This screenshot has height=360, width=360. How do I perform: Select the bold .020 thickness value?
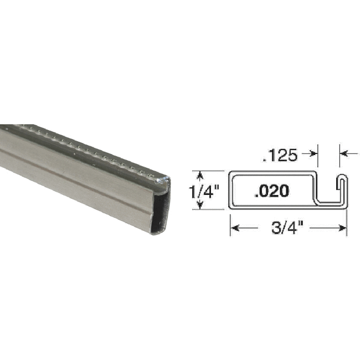271,192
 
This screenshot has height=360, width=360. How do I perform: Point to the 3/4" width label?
287,227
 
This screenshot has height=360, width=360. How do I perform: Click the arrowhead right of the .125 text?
313,154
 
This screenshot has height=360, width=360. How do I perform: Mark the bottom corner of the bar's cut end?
156,233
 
